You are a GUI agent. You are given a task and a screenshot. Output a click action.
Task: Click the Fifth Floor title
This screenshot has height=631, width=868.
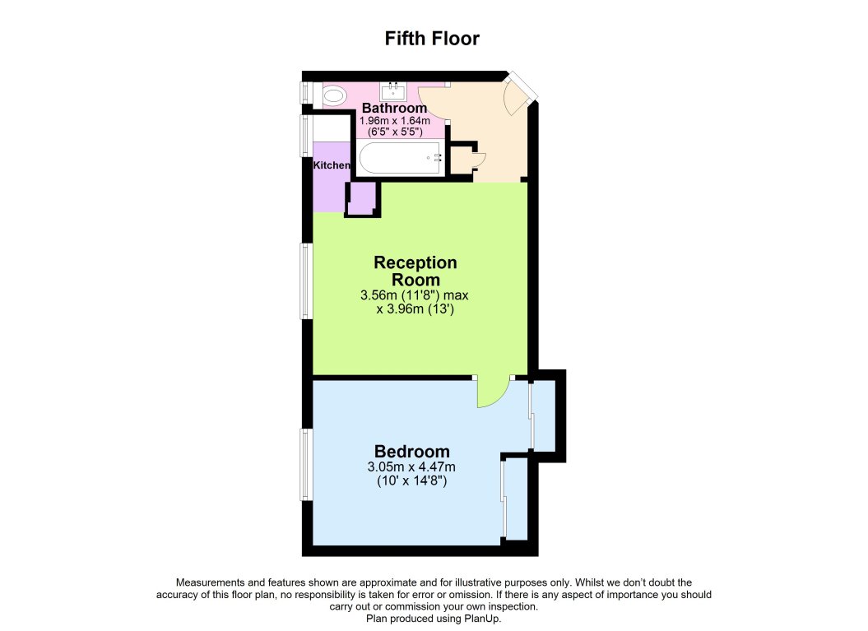(x=433, y=39)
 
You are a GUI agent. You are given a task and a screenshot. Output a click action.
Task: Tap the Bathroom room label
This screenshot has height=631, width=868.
(x=394, y=108)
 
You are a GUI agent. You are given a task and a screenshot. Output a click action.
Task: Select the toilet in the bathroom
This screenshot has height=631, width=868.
(x=334, y=96)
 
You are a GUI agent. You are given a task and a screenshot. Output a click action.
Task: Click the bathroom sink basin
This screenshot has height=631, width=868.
(x=393, y=90)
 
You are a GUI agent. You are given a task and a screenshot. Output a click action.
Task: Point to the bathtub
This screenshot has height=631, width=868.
(x=399, y=157)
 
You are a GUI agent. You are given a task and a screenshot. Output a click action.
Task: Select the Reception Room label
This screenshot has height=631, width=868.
(x=415, y=271)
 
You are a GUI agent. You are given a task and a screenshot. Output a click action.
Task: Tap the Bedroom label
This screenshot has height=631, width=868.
(x=411, y=451)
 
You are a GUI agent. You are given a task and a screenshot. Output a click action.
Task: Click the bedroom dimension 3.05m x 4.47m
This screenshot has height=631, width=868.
(x=411, y=467)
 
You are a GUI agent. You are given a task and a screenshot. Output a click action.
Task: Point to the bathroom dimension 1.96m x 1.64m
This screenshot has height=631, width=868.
(x=395, y=121)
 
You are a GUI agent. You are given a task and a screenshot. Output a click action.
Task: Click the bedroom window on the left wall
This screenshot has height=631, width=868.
(x=305, y=464)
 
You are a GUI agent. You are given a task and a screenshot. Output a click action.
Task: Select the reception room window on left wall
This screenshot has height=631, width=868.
(x=305, y=281)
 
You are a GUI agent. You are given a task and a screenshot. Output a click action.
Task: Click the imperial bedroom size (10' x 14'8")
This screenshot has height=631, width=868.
(x=411, y=480)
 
